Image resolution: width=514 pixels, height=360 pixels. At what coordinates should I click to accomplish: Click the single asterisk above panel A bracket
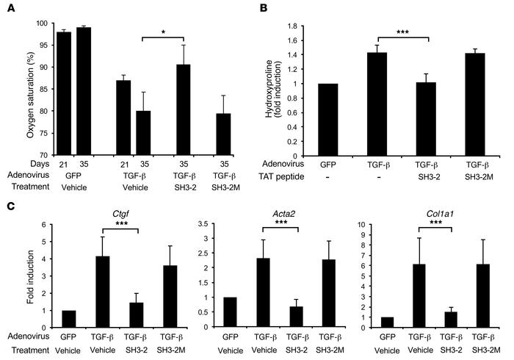(167, 34)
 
